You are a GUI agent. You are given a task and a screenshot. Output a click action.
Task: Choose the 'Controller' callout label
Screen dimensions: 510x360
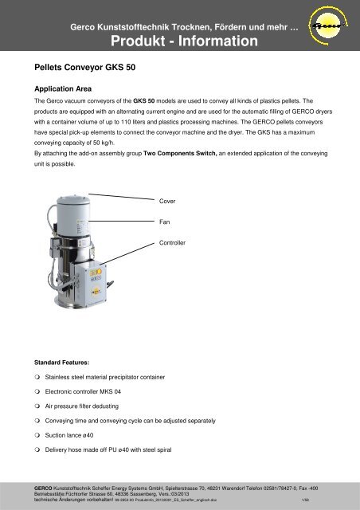[x=174, y=241]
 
